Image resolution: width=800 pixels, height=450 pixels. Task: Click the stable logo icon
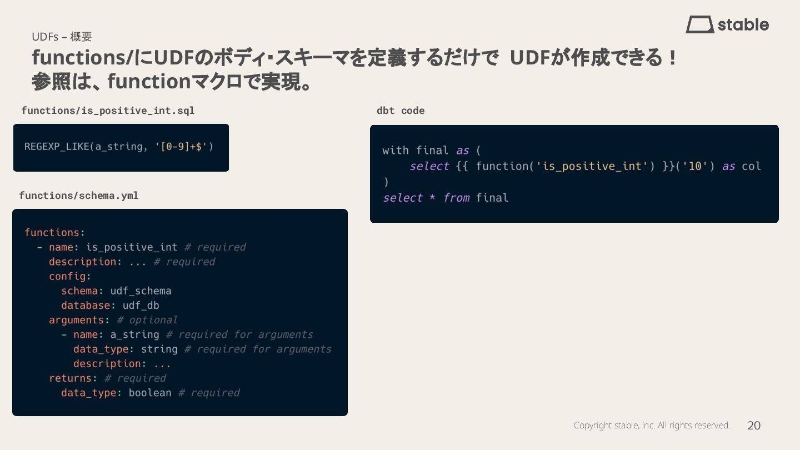coord(699,24)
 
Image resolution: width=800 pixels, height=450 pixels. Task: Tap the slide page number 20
coord(754,426)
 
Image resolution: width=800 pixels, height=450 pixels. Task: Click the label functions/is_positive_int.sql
coord(108,111)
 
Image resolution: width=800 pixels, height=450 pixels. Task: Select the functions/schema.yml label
coord(79,196)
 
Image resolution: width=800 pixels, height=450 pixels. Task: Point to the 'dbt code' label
coord(401,111)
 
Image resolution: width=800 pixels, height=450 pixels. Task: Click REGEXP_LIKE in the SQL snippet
coord(57,147)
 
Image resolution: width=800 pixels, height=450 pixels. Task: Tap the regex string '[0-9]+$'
coord(184,147)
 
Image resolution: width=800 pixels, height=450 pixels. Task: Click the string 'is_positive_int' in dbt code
coord(593,166)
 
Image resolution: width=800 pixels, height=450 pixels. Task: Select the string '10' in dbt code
coord(694,166)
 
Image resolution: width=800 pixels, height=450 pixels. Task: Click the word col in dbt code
coord(751,166)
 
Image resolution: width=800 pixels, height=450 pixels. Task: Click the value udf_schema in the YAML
coord(141,291)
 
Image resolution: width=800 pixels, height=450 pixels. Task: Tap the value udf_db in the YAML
coord(141,306)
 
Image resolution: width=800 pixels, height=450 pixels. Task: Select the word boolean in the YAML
coord(150,393)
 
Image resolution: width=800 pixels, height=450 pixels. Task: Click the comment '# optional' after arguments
coord(147,320)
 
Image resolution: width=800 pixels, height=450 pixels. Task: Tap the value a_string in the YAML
coord(134,334)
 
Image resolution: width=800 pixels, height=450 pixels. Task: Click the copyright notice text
coord(652,426)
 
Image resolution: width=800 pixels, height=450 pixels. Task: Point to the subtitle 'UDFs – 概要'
coord(62,37)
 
